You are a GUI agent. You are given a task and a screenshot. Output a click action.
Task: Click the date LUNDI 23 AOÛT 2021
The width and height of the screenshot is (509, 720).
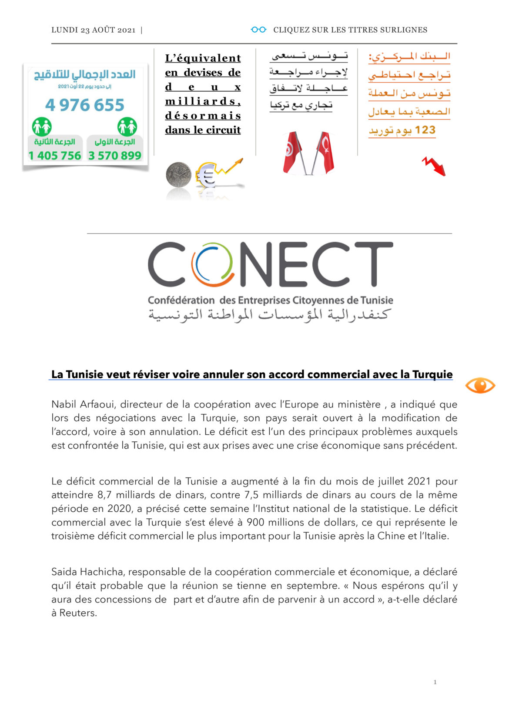click(x=93, y=30)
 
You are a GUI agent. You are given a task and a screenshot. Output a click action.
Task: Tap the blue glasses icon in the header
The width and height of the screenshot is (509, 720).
click(x=258, y=30)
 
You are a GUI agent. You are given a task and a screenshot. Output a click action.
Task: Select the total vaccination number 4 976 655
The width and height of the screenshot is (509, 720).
click(x=85, y=105)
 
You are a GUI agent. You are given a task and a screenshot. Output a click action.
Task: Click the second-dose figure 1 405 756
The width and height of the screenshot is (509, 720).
click(x=55, y=156)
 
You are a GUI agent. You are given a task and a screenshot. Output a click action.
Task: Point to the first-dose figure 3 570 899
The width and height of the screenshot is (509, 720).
click(x=115, y=156)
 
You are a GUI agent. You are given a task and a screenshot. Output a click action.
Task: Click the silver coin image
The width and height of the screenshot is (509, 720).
click(x=178, y=175)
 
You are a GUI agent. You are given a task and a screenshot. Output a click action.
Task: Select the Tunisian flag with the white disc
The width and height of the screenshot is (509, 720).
click(x=292, y=153)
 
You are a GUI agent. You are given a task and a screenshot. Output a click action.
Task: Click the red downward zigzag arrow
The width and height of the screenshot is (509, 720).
click(x=434, y=167)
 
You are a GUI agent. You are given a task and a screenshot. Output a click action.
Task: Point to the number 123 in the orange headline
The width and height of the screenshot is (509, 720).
click(x=425, y=130)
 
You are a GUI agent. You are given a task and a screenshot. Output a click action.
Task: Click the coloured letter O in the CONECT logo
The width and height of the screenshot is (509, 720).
click(x=213, y=264)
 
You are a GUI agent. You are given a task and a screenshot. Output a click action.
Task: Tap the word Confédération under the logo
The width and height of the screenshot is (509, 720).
click(x=181, y=300)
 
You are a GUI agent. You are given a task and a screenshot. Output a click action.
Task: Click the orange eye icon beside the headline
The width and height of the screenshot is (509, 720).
click(x=480, y=386)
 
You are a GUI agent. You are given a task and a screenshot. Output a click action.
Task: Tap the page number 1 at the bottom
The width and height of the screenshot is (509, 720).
click(x=435, y=682)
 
